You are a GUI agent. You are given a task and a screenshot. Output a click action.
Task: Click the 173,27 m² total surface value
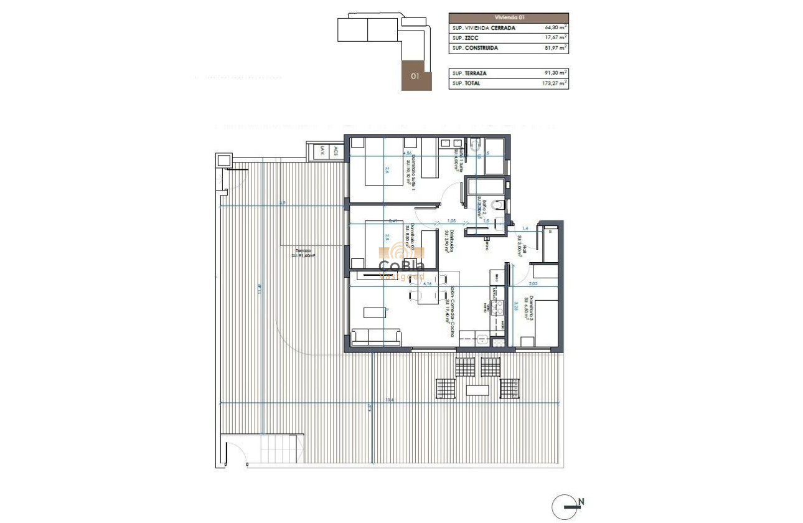tap(555, 83)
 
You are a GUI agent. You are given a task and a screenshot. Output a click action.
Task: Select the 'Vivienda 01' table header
tap(508, 18)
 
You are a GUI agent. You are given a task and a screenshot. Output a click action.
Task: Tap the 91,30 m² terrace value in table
tap(555, 73)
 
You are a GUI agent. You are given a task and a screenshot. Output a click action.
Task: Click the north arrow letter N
tap(581, 501)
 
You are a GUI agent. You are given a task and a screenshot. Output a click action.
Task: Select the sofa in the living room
tap(376, 337)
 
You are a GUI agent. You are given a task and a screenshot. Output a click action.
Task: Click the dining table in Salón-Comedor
tap(428, 290)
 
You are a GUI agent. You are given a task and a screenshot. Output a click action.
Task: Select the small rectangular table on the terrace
tap(478, 390)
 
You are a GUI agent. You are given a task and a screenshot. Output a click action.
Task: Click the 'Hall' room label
tap(524, 248)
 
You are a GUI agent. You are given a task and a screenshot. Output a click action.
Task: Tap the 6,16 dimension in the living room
tap(428, 283)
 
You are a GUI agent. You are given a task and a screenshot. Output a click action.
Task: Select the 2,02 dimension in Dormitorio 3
tap(533, 283)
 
